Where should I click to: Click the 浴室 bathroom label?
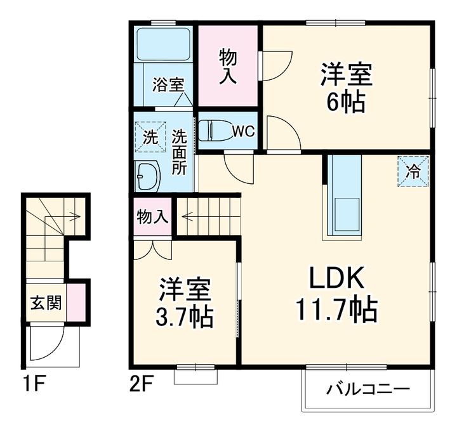coord(168,85)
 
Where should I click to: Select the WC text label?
coord(242,131)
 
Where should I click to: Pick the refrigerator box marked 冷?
coord(413,171)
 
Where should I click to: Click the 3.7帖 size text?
coord(185,315)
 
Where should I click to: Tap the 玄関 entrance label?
coord(46,303)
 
